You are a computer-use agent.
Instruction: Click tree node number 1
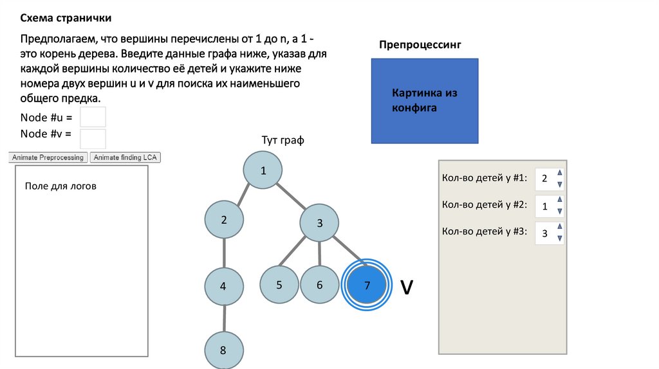pyautogui.click(x=263, y=170)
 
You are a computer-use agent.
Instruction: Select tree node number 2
pyautogui.click(x=224, y=220)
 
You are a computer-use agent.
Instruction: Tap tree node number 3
pyautogui.click(x=319, y=223)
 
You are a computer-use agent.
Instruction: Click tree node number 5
pyautogui.click(x=279, y=284)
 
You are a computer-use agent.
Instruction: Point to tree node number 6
pyautogui.click(x=319, y=285)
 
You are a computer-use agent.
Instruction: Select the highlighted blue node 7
pyautogui.click(x=367, y=285)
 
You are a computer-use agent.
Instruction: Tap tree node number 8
pyautogui.click(x=223, y=350)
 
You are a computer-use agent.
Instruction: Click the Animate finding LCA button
pyautogui.click(x=125, y=157)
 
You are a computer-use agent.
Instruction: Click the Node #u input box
pyautogui.click(x=93, y=117)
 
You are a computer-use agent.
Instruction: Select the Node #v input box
pyautogui.click(x=93, y=138)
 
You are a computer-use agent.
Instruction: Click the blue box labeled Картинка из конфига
pyautogui.click(x=425, y=100)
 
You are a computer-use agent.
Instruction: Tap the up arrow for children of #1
pyautogui.click(x=559, y=173)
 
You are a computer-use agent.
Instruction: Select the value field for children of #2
pyautogui.click(x=545, y=206)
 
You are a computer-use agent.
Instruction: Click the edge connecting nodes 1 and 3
pyautogui.click(x=291, y=197)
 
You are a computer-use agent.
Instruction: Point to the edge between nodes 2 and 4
pyautogui.click(x=224, y=252)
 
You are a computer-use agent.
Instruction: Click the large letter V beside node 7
pyautogui.click(x=406, y=287)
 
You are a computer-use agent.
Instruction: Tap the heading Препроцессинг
pyautogui.click(x=420, y=44)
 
